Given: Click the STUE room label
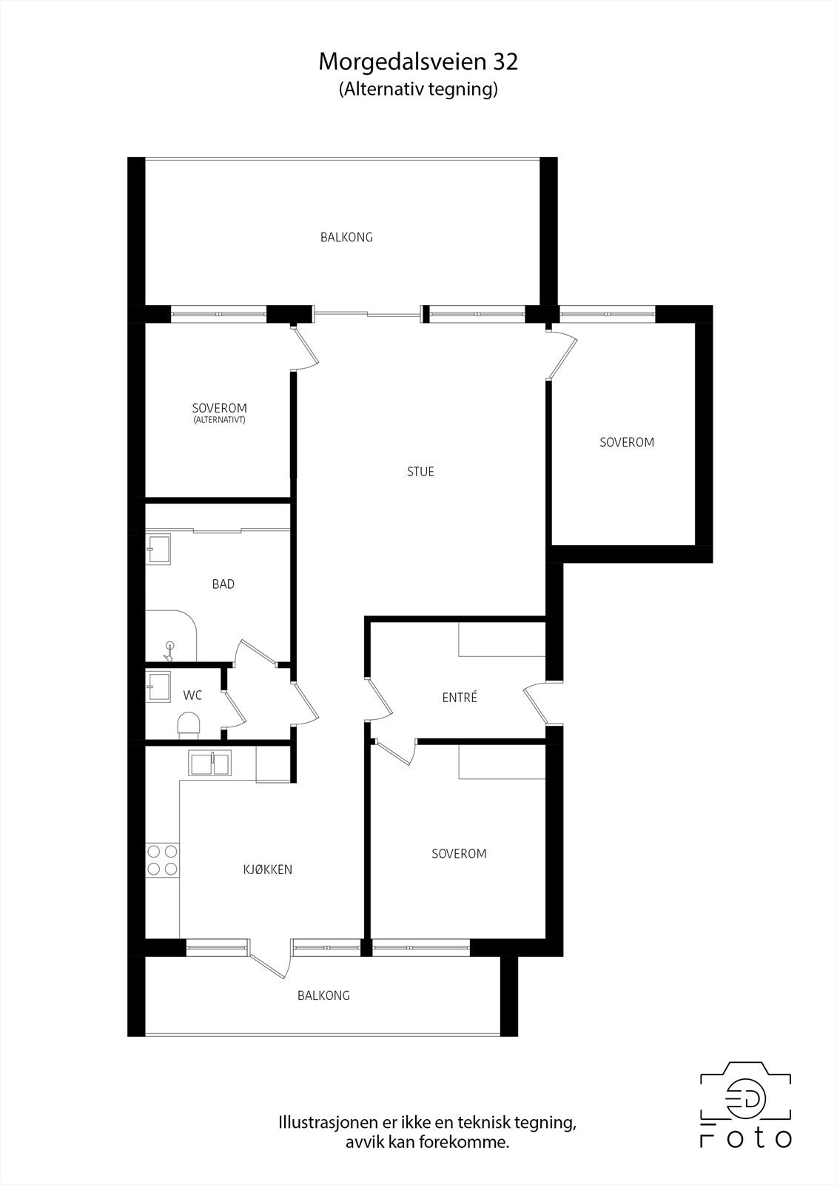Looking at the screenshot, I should pyautogui.click(x=420, y=472).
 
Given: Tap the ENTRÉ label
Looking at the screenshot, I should pyautogui.click(x=460, y=698).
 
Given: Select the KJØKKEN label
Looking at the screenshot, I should pyautogui.click(x=268, y=869).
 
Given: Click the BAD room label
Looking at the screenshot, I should pyautogui.click(x=223, y=584).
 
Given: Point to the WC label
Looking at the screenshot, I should pyautogui.click(x=192, y=695).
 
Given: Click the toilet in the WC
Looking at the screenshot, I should pyautogui.click(x=189, y=724).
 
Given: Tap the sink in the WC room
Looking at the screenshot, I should pyautogui.click(x=158, y=685).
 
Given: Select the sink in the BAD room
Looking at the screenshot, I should pyautogui.click(x=158, y=548).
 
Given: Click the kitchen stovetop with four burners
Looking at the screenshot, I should pyautogui.click(x=162, y=860).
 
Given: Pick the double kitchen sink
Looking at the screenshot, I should pyautogui.click(x=210, y=763).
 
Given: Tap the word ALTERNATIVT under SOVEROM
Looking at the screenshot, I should pyautogui.click(x=219, y=420).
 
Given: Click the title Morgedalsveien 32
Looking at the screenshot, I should pyautogui.click(x=418, y=62).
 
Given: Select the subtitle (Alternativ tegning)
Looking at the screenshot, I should pyautogui.click(x=418, y=90).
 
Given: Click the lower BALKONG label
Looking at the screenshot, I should pyautogui.click(x=323, y=995).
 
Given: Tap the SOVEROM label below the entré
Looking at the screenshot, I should pyautogui.click(x=459, y=854).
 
